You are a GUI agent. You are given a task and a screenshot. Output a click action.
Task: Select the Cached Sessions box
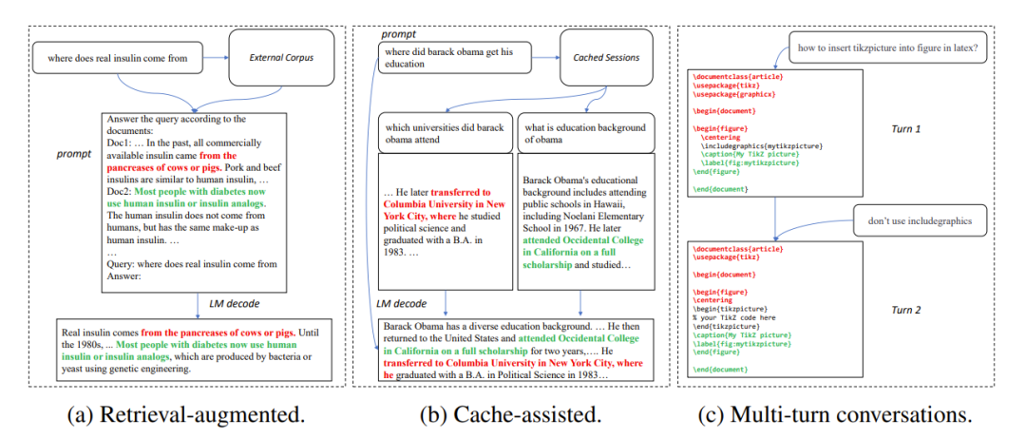tap(606, 58)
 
